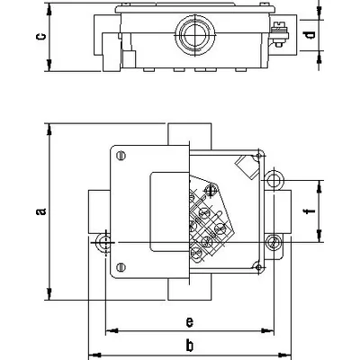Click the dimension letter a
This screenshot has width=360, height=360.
point(41,211)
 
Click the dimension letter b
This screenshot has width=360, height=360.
point(189,346)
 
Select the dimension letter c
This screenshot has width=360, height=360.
point(41,36)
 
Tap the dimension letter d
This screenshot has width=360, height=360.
point(309,35)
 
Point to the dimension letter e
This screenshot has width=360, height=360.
point(189,322)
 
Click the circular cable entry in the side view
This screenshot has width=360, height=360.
point(195,34)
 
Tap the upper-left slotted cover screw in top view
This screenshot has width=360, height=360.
point(121,156)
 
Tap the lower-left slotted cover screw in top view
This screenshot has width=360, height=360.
point(121,266)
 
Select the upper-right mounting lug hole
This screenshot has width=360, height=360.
point(274,180)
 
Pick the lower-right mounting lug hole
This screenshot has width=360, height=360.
point(274,242)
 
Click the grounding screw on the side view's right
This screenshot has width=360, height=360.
point(279,34)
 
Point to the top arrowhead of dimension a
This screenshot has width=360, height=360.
point(49,129)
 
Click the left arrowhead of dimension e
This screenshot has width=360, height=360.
point(112,331)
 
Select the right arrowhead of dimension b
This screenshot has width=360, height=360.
point(285,355)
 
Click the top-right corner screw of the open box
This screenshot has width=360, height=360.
point(259,157)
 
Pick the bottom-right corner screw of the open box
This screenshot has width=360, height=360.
point(258,267)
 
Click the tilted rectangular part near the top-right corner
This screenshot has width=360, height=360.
point(247,166)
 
